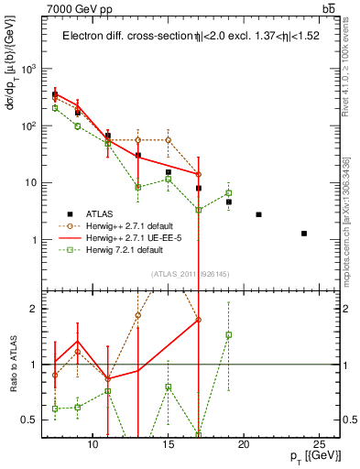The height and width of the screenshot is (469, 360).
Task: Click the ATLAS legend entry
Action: [x=102, y=213]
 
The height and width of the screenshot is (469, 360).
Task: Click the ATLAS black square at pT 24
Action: [x=304, y=234]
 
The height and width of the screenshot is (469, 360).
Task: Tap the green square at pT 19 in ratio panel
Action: [x=229, y=335]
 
